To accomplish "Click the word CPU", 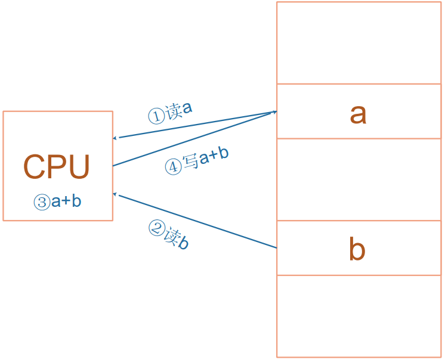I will (x=57, y=167).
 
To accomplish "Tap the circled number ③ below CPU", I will (x=42, y=202).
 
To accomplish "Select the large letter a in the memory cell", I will (x=358, y=113).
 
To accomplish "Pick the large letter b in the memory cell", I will (x=357, y=250).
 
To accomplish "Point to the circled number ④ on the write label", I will (x=173, y=167).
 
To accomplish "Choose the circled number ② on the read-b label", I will (x=156, y=228).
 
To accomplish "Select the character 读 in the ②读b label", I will (x=171, y=236).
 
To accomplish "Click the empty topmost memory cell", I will (x=359, y=43).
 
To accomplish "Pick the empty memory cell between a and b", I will (x=359, y=179).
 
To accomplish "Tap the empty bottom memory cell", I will (x=359, y=316).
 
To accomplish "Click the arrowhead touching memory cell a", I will (x=274, y=111).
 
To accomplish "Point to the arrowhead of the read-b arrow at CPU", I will (x=116, y=194).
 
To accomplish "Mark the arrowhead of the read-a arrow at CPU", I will (x=116, y=138).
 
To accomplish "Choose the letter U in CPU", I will (x=79, y=167).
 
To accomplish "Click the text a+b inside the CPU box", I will (x=66, y=201).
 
